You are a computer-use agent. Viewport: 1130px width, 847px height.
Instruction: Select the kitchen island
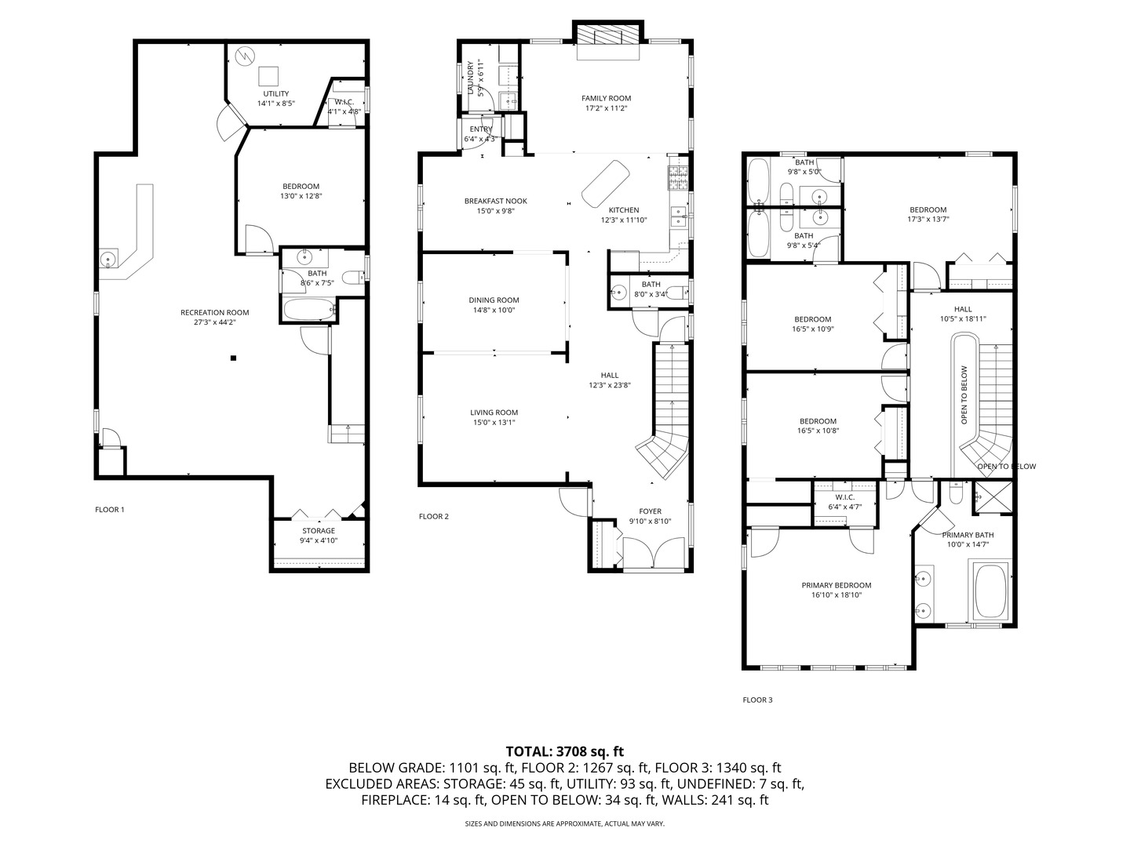[605, 182]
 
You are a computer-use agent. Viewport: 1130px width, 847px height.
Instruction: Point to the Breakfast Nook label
[495, 201]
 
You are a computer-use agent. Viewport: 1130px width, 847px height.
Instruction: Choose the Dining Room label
[494, 300]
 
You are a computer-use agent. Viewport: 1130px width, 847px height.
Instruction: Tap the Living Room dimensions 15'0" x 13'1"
[494, 423]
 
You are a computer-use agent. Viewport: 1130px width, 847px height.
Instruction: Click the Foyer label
[650, 511]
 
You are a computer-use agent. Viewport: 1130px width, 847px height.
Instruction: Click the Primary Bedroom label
[836, 585]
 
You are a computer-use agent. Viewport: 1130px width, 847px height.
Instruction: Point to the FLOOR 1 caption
[110, 510]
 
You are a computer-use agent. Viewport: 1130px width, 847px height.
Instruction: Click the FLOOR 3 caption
[757, 700]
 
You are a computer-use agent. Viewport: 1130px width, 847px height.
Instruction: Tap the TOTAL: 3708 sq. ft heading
[564, 751]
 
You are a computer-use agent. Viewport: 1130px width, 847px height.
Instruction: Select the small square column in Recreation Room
[233, 358]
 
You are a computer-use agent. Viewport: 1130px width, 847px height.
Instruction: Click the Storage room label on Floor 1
[319, 531]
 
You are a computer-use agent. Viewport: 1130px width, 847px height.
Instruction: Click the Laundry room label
[471, 77]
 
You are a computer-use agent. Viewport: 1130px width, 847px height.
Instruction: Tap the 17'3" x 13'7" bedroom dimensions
[928, 220]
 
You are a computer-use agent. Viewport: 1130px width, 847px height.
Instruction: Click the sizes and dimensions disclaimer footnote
[564, 824]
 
